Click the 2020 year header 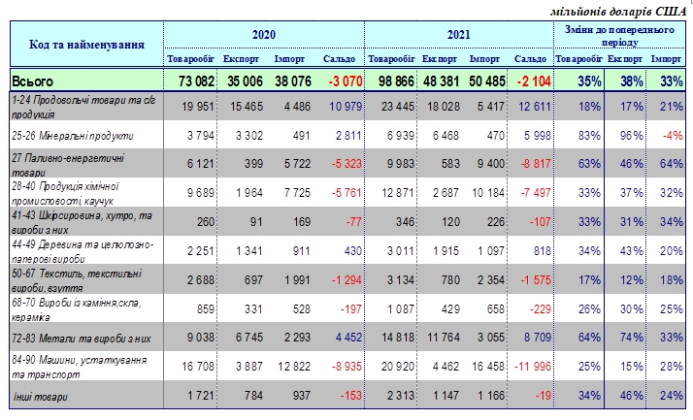pos(264,34)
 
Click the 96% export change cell pos(621,136)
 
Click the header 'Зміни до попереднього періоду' pos(621,38)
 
